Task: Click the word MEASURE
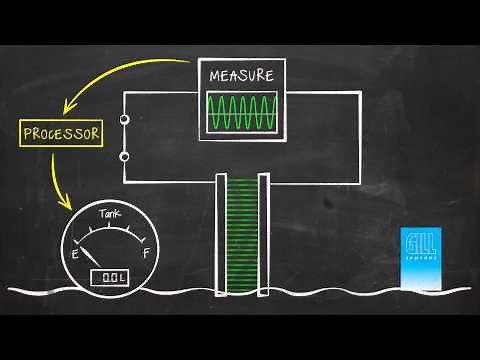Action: pyautogui.click(x=241, y=76)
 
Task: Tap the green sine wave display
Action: pyautogui.click(x=241, y=112)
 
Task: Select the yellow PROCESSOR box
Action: pyautogui.click(x=61, y=132)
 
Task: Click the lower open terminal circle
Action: pyautogui.click(x=125, y=156)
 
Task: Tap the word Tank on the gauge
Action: pyautogui.click(x=110, y=214)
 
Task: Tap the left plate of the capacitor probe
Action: pyautogui.click(x=222, y=235)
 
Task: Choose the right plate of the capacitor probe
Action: pyautogui.click(x=263, y=235)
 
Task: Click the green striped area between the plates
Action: pyautogui.click(x=242, y=235)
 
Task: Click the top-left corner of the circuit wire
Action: pyautogui.click(x=124, y=93)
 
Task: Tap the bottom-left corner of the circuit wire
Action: pyautogui.click(x=124, y=183)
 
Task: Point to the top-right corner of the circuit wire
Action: pyautogui.click(x=359, y=93)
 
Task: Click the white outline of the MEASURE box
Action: pyautogui.click(x=198, y=100)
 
